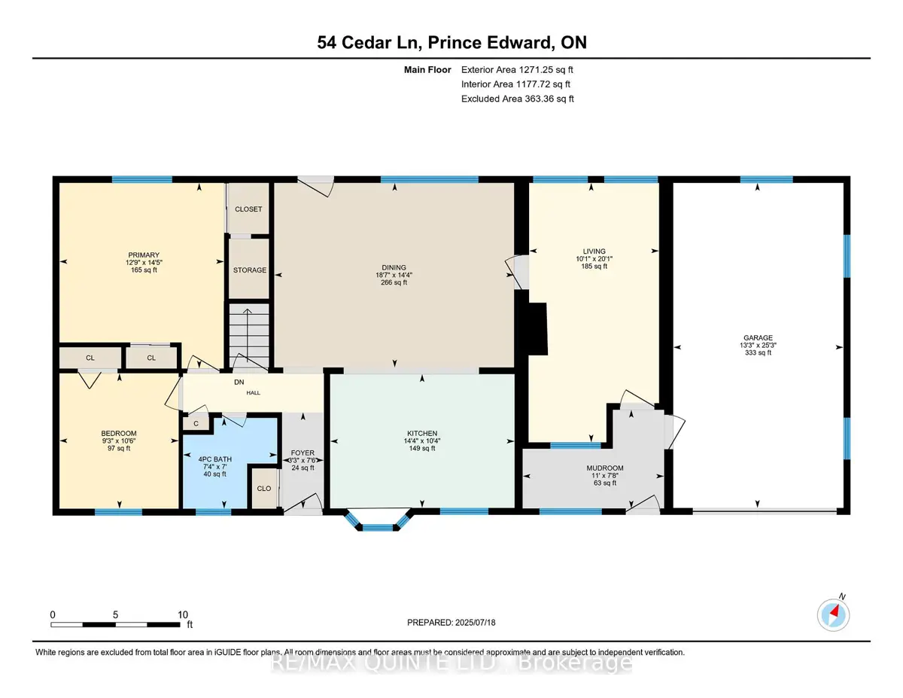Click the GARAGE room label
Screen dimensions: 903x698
[x=758, y=338]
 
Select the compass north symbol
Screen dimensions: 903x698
[x=833, y=615]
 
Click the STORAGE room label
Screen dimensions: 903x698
[x=249, y=270]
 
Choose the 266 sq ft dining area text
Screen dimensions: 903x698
[x=394, y=282]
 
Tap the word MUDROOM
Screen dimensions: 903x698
[x=604, y=468]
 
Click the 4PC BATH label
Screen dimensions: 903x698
[x=215, y=459]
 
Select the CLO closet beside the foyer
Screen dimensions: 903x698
[x=264, y=488]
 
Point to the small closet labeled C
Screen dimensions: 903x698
[x=196, y=424]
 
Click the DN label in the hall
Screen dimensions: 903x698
[x=239, y=382]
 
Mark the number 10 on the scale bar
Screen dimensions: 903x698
[x=183, y=614]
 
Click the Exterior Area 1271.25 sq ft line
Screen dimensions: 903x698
[x=517, y=70]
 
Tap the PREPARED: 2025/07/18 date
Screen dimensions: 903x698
[x=451, y=623]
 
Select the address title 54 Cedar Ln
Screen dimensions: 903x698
[x=369, y=42]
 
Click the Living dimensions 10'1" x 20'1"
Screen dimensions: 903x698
[x=594, y=258]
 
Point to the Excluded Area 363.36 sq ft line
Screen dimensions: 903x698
[x=518, y=99]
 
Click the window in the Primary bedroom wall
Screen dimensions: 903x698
[x=142, y=180]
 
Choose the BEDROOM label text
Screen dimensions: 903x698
[x=119, y=433]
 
